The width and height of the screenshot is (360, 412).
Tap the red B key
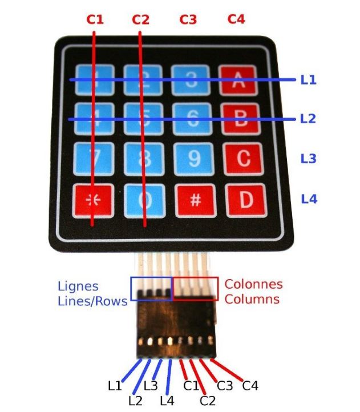tap(240, 119)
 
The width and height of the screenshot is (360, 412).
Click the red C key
tap(243, 158)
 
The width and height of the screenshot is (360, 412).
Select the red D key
tap(246, 200)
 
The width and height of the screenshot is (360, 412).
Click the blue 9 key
tap(194, 158)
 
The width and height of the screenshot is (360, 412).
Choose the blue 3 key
tap(192, 79)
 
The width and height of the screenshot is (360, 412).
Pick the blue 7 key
tap(93, 158)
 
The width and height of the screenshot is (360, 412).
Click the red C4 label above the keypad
tap(236, 19)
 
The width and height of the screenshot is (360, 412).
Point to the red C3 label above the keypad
tap(188, 19)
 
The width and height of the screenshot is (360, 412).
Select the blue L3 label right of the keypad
tap(308, 159)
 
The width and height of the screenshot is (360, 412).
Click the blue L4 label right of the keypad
tap(308, 199)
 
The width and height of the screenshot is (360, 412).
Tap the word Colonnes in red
tap(253, 284)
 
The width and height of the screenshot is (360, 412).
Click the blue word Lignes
tap(78, 286)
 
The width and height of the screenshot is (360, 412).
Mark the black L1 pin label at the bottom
tap(115, 385)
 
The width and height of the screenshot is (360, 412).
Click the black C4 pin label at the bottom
tap(250, 386)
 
